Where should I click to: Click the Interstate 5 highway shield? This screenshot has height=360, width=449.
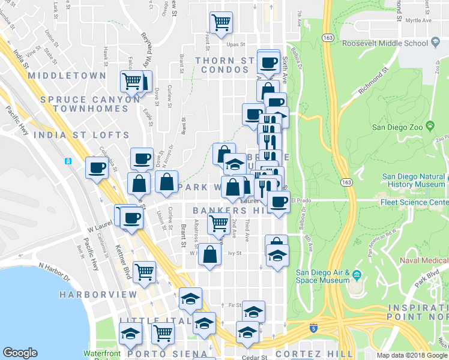pyautogui.click(x=314, y=328)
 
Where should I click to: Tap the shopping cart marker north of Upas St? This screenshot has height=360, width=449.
pyautogui.click(x=221, y=23)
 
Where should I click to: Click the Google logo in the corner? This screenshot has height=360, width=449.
pyautogui.click(x=20, y=353)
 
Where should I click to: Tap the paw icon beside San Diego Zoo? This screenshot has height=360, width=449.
pyautogui.click(x=430, y=125)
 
